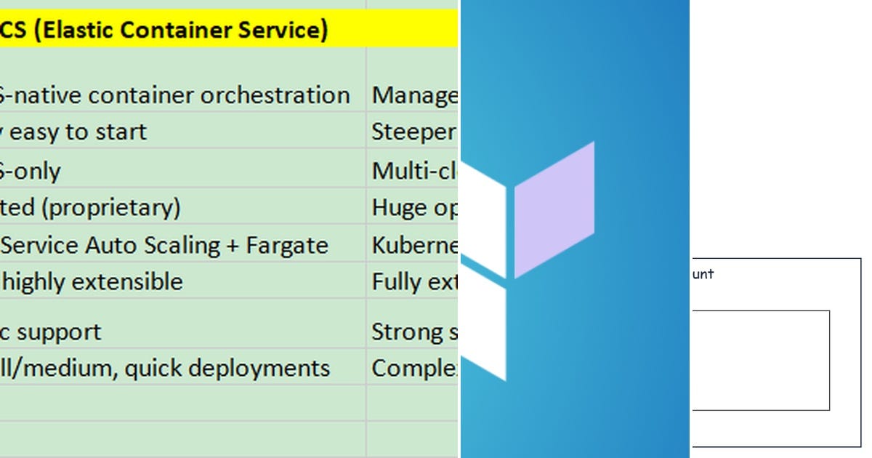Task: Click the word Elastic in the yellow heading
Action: pos(73,30)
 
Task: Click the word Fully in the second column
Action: pos(397,281)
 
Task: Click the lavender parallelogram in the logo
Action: pos(554,209)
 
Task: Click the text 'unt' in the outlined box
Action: pos(703,274)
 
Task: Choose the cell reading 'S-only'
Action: pos(31,172)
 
